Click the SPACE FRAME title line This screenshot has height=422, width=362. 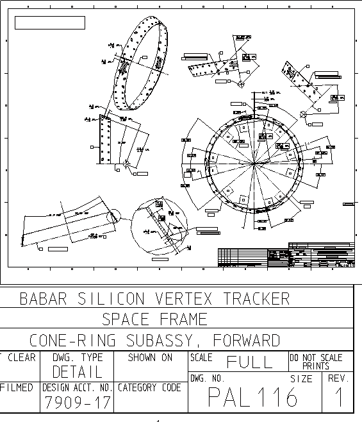click(154, 319)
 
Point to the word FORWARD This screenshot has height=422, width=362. click(246, 340)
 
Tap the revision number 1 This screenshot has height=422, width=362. click(338, 398)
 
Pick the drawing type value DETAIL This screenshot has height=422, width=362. click(77, 371)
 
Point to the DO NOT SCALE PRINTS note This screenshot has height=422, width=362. click(317, 361)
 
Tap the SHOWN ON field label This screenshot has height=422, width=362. click(150, 357)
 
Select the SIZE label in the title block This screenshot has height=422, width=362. click(301, 379)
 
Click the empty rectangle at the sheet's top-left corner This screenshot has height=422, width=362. click(50, 23)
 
